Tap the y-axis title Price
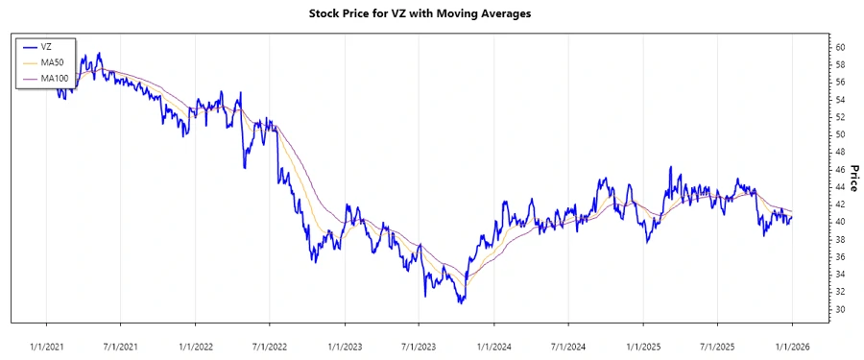pyautogui.click(x=853, y=178)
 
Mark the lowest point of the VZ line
pyautogui.click(x=461, y=303)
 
